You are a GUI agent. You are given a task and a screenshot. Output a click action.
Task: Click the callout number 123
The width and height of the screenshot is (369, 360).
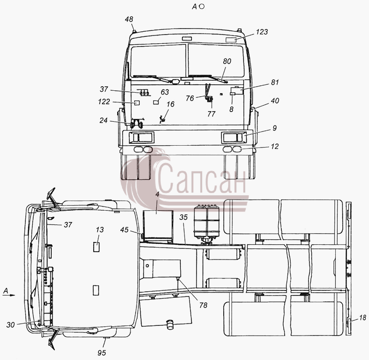coord(262,32)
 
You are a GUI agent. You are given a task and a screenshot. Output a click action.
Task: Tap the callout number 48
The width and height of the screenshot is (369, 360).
coord(129,19)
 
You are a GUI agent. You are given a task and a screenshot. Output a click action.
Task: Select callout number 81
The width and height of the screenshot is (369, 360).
coord(274,83)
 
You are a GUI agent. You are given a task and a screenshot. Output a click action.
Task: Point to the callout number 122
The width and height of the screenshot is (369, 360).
coord(104,101)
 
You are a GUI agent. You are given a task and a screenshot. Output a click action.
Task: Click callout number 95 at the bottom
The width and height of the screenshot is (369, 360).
coord(101,353)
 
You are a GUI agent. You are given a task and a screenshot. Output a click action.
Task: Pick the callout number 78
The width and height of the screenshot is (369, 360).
coord(203,305)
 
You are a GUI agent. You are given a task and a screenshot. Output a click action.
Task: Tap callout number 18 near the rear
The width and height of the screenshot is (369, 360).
coord(363,318)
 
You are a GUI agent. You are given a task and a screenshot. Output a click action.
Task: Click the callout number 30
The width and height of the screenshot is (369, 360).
coord(11,325)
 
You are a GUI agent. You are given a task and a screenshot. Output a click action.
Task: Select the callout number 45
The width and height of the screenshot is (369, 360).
coord(124,230)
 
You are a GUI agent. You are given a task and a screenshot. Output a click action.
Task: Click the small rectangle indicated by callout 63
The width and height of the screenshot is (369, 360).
coord(156,102)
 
